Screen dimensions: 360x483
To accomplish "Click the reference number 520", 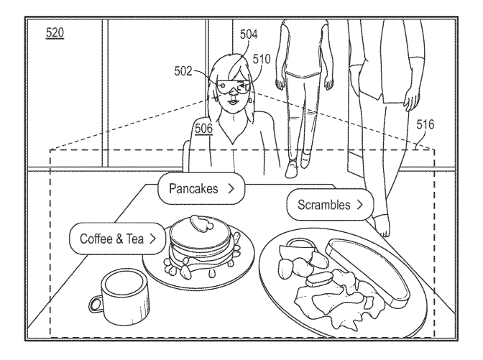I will [53, 34].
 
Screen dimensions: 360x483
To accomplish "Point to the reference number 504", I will [248, 33].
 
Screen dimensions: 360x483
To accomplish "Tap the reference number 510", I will [261, 60].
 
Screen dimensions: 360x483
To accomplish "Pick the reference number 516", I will [425, 124].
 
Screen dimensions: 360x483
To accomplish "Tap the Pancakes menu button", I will [201, 190].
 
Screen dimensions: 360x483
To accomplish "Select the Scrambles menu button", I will [330, 205].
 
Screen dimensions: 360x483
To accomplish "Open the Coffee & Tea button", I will [118, 238].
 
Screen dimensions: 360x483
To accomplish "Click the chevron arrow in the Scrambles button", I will [359, 205].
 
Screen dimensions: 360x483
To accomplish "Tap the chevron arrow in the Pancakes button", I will [230, 190].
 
